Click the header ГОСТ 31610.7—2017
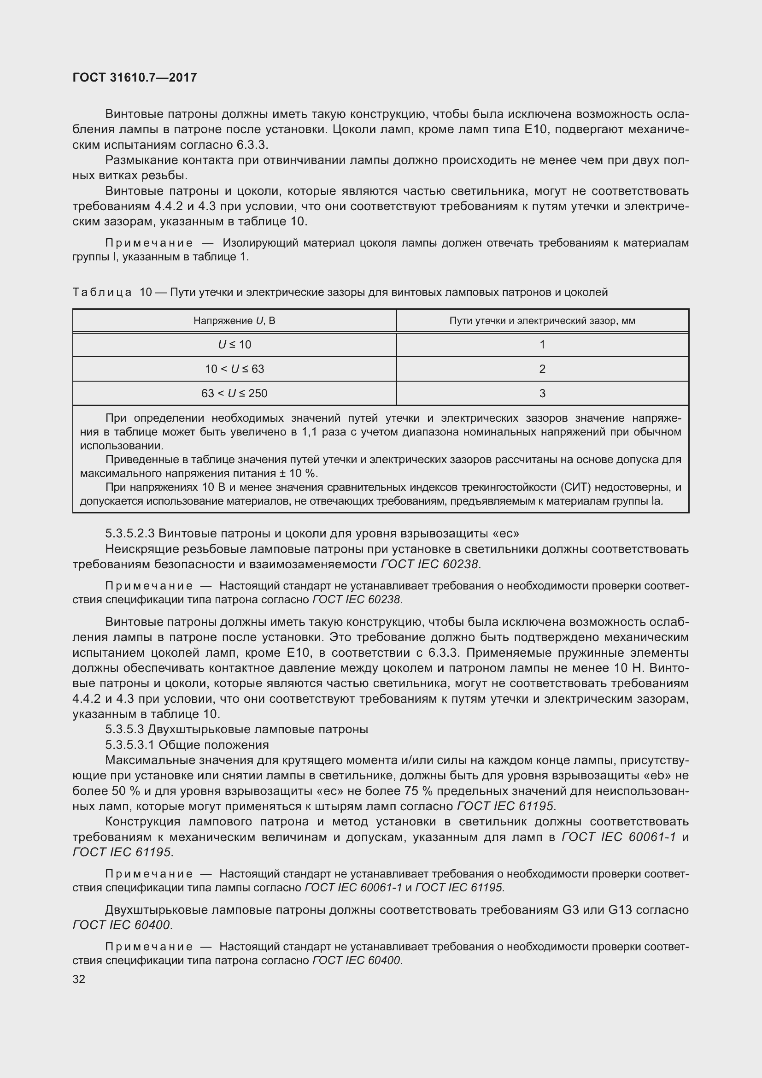[135, 77]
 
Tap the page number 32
[79, 979]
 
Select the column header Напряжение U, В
[234, 321]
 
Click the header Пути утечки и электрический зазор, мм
[542, 321]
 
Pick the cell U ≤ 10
[234, 345]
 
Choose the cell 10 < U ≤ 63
[234, 369]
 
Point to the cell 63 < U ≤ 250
[234, 394]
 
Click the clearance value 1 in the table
[542, 345]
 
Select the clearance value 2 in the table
[542, 369]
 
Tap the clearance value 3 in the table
[542, 394]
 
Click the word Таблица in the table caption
[102, 293]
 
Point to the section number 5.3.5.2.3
[129, 533]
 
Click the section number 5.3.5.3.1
[129, 745]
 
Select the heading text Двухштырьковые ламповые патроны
[258, 730]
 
